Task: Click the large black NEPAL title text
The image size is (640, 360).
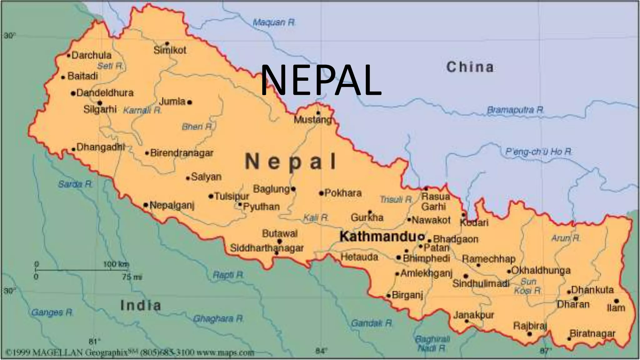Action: [321, 80]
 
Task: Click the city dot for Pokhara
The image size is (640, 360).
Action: [321, 193]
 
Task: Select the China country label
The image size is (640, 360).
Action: [470, 67]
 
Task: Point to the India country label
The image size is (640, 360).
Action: [141, 305]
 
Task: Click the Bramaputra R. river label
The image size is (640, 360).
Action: [516, 110]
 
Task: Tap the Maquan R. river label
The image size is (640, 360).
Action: [274, 22]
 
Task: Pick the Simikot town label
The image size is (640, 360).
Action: [170, 50]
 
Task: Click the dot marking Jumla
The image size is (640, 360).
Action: [190, 102]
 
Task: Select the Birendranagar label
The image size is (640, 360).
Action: [182, 153]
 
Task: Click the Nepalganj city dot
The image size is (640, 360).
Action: [146, 205]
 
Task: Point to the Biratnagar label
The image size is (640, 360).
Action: [592, 334]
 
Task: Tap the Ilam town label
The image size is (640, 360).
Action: [616, 308]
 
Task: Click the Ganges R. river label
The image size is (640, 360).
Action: [52, 312]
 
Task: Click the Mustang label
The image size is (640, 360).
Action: [312, 120]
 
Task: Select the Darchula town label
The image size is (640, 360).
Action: [91, 55]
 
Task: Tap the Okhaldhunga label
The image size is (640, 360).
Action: [541, 271]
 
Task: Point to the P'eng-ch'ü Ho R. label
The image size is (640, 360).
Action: [539, 152]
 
